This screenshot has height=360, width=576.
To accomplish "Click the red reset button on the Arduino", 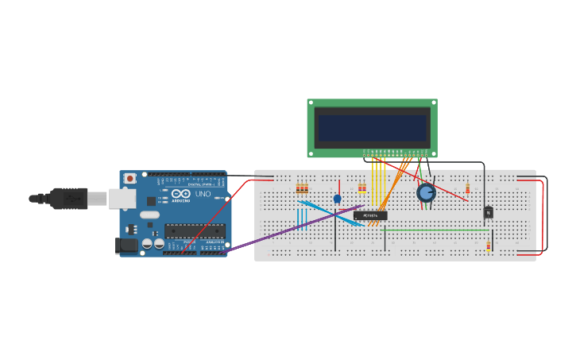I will click(x=129, y=179).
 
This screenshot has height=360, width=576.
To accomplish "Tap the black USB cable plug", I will click(x=68, y=198).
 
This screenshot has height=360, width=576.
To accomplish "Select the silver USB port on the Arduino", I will click(x=120, y=198).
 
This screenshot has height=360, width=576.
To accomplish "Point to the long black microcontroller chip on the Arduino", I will click(x=194, y=231).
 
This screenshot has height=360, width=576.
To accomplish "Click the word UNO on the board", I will click(x=203, y=194).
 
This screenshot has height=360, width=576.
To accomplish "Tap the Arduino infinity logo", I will click(x=181, y=194).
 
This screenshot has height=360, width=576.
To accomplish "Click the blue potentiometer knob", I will click(x=426, y=192).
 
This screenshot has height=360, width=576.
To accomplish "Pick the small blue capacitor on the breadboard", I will click(x=337, y=199).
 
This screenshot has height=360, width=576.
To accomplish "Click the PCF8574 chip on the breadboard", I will click(x=370, y=215).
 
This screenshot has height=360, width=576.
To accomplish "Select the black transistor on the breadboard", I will click(x=488, y=212).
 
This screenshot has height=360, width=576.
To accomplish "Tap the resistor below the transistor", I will click(x=488, y=246).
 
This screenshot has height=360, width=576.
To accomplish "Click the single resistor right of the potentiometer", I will click(x=467, y=188).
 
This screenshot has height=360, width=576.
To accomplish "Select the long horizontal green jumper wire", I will click(x=437, y=230).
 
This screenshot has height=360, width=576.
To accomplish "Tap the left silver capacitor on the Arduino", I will click(x=147, y=244).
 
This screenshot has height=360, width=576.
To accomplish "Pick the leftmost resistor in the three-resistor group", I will click(x=298, y=188).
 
